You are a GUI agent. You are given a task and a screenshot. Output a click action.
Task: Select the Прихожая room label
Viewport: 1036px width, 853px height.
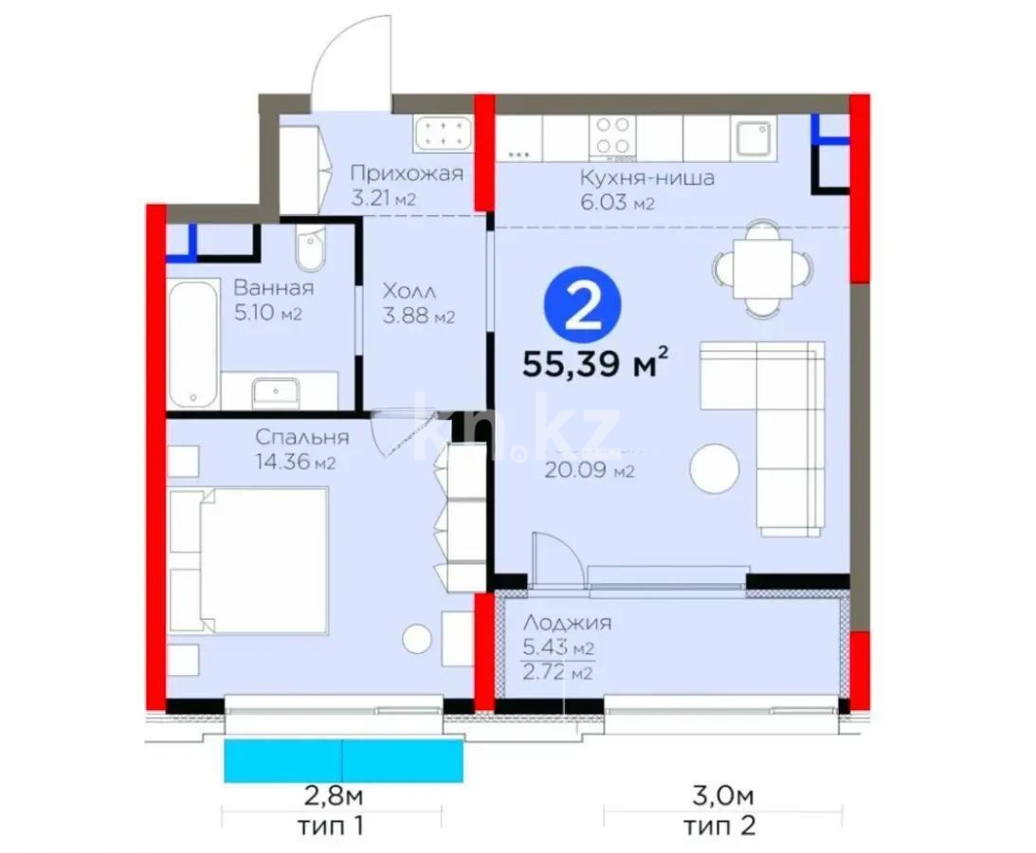[x=407, y=173]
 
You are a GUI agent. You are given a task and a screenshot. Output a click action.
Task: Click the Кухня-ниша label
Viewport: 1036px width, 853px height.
[x=648, y=178]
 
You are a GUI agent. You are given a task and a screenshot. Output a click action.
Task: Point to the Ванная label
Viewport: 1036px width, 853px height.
[x=274, y=289]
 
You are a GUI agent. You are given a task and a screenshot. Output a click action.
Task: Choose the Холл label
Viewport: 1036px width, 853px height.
[x=409, y=291]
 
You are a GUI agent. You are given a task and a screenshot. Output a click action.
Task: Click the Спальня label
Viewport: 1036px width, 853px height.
[x=302, y=437]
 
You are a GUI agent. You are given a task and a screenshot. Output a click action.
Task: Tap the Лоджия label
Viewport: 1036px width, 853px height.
[x=567, y=623]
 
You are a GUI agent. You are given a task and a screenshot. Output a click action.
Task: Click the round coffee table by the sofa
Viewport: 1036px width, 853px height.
[x=714, y=469]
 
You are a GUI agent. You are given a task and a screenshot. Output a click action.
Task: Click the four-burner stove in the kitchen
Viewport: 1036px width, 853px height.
[x=612, y=136]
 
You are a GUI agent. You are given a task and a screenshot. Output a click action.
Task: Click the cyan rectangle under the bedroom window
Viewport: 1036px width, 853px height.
[x=343, y=761]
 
